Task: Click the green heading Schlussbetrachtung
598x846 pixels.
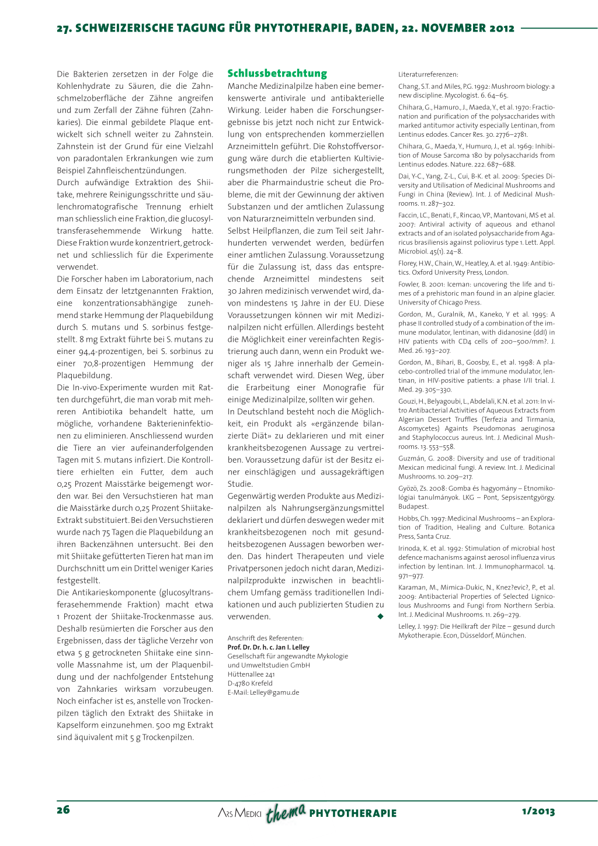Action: [x=277, y=74]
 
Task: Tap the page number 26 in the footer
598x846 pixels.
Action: [x=63, y=810]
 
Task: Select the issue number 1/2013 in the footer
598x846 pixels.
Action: [x=538, y=812]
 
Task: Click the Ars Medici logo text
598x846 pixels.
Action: [x=239, y=813]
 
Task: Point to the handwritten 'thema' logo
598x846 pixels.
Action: [x=286, y=812]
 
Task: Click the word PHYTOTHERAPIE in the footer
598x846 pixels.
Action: [x=353, y=813]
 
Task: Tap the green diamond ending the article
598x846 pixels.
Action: [x=380, y=616]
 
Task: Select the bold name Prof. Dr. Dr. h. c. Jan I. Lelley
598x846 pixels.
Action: [x=269, y=647]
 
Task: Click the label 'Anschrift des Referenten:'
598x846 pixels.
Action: [x=266, y=638]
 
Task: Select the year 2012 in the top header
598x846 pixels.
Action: [x=502, y=28]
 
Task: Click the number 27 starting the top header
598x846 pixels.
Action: [x=63, y=28]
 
